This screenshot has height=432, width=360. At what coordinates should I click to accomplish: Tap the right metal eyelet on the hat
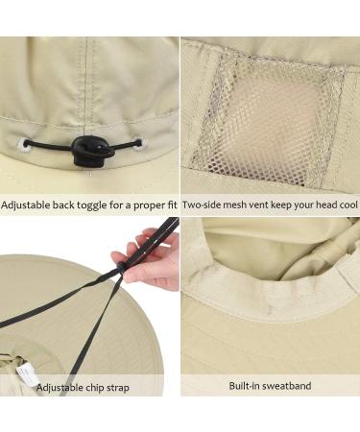pyautogui.click(x=137, y=145)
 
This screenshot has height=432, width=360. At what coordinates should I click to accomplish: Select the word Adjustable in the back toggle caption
pyautogui.click(x=29, y=204)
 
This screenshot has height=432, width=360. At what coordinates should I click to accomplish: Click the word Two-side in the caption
pyautogui.click(x=203, y=204)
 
